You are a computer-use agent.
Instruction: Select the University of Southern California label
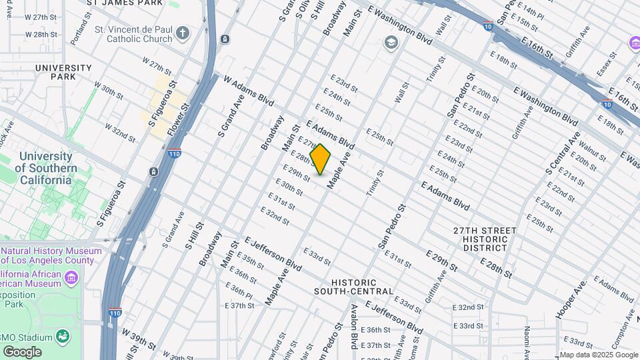click(x=45, y=167)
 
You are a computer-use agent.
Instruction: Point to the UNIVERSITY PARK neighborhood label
click(x=63, y=72)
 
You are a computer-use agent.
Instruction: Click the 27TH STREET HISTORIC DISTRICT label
click(x=485, y=239)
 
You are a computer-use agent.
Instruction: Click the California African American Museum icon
click(x=72, y=276)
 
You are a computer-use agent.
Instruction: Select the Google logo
click(x=22, y=351)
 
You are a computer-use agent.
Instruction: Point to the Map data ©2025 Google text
click(x=598, y=355)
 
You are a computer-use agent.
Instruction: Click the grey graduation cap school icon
click(x=390, y=43)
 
